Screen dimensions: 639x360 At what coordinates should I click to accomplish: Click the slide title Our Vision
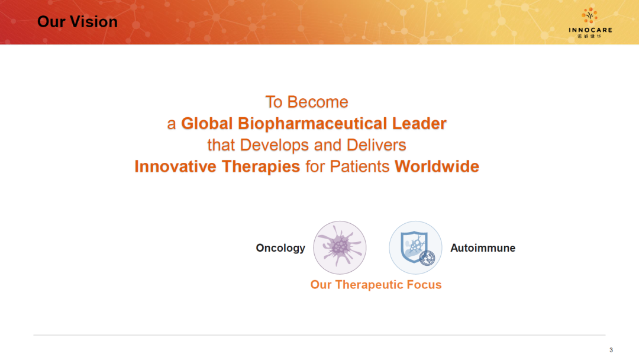coord(78,22)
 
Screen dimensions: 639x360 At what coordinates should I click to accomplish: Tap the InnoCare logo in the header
coord(590,23)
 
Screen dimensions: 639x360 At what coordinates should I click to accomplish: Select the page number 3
coord(611,350)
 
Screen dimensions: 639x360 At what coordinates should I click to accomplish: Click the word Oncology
coord(280,248)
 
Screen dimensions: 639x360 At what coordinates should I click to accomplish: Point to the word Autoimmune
coord(483,248)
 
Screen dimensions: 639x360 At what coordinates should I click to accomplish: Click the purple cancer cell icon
coord(340,247)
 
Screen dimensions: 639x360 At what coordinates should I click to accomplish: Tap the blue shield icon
coord(415,247)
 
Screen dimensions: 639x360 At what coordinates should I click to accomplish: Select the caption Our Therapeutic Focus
coord(376,285)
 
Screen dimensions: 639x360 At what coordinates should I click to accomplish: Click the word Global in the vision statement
coord(206,124)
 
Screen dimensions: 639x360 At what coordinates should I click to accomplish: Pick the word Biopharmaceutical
coord(312,124)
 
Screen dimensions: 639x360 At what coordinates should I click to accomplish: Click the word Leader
coord(419,124)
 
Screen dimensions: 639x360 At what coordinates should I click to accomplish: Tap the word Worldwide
coord(437,166)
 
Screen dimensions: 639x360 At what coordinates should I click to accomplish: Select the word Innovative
coord(176,166)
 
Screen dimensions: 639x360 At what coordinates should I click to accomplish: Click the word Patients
coord(360,166)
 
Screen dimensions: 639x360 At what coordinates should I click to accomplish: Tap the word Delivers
coord(376,145)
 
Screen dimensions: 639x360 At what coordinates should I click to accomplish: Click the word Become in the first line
coord(318,102)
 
